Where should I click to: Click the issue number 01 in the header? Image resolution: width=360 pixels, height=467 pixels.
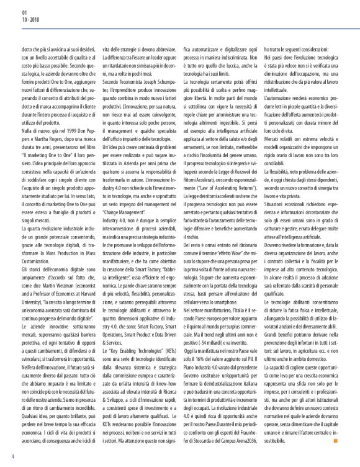pos(24,12)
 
